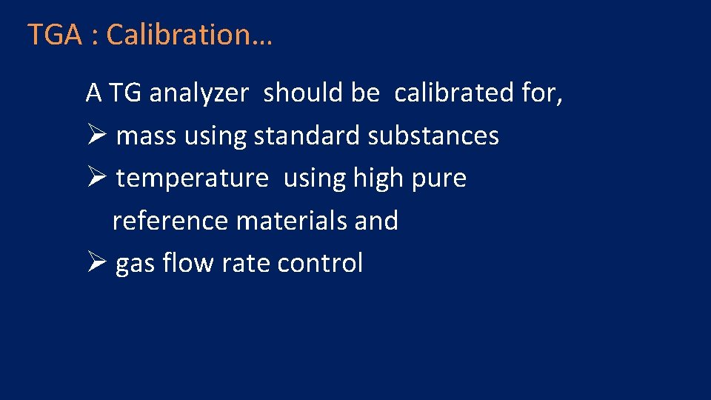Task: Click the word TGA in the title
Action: (x=54, y=35)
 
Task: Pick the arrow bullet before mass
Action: (x=97, y=136)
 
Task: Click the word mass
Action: (x=147, y=136)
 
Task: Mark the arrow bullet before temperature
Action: (x=97, y=178)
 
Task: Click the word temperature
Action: (x=192, y=179)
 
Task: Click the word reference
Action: (x=170, y=221)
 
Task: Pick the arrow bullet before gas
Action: (x=97, y=263)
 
